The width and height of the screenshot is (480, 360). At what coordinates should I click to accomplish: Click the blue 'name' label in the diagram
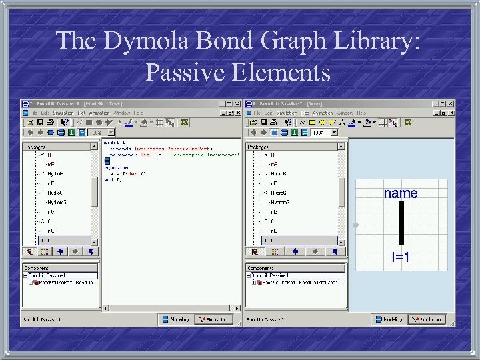401,193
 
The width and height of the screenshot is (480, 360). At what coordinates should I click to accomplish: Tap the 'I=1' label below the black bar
400,257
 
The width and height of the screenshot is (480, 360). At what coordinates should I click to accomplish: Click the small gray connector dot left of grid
356,225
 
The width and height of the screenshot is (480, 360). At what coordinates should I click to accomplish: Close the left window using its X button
237,104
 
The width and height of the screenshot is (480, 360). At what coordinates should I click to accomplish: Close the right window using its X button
451,104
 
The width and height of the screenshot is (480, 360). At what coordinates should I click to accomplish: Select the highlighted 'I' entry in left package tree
47,240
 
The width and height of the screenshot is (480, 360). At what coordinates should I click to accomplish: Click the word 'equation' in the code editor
115,169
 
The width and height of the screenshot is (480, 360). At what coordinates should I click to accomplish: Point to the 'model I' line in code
112,143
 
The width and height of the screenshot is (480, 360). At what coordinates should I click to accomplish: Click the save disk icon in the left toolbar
39,123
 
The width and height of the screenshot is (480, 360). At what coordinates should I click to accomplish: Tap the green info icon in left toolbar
71,133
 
